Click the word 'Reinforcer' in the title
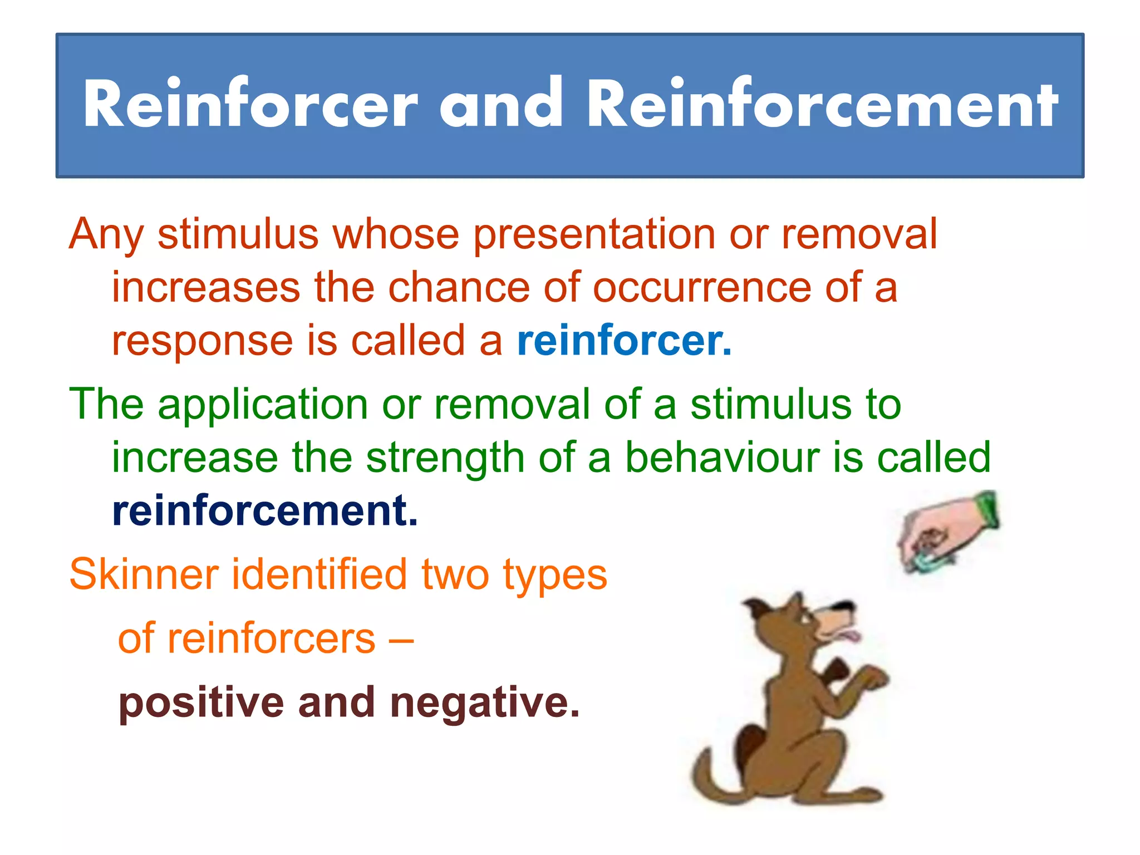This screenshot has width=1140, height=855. (x=250, y=104)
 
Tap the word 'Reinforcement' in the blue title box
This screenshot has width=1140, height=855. (x=822, y=104)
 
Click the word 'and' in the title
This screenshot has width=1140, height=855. (x=501, y=104)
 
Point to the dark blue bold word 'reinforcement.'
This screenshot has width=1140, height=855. (x=265, y=511)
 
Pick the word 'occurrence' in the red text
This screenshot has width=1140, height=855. (x=702, y=288)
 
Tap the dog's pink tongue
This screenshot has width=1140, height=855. (x=850, y=635)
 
